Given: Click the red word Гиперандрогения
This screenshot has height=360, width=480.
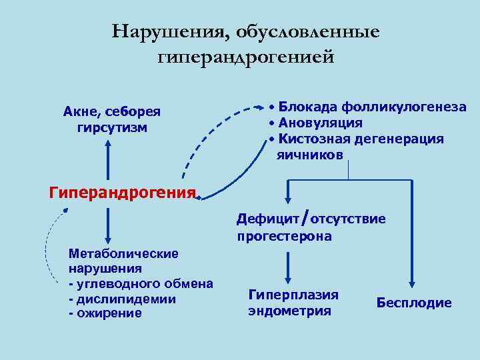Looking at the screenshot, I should click(122, 193).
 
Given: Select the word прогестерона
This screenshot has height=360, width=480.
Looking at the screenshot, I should click(284, 236).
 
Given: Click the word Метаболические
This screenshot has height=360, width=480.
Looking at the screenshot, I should click(124, 253).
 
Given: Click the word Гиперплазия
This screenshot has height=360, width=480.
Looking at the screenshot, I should click(293, 294).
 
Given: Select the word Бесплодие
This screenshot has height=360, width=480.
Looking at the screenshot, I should click(414, 303).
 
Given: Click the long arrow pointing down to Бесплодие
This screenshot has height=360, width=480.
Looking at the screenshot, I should click(411, 233).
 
